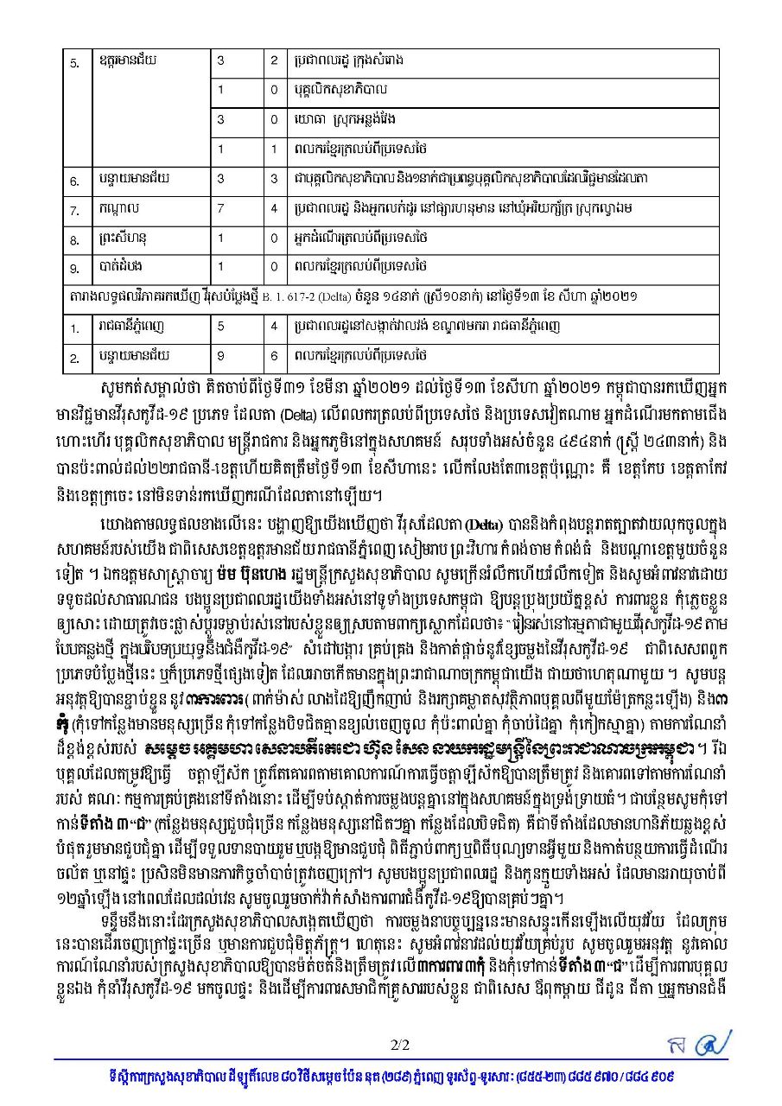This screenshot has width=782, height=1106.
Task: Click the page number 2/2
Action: [399, 1045]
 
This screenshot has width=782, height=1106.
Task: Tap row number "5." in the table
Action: [74, 62]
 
